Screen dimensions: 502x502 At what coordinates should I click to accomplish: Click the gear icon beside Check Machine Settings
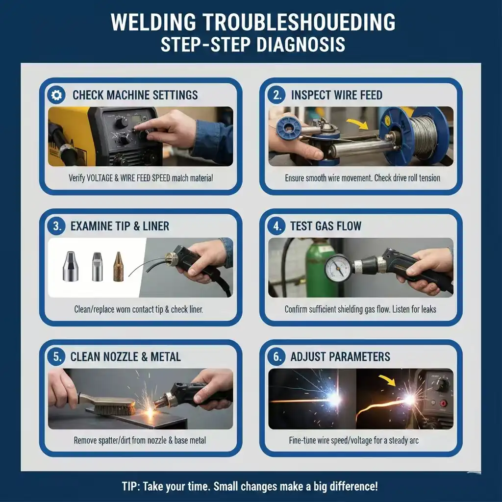57,95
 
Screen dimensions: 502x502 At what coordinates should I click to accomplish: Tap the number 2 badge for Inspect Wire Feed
277,95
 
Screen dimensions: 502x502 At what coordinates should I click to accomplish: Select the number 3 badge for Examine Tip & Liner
57,226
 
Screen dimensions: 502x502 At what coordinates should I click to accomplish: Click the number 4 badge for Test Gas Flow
277,226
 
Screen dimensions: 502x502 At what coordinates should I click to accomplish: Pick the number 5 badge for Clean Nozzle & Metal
57,357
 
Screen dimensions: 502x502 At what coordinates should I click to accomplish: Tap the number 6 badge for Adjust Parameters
277,357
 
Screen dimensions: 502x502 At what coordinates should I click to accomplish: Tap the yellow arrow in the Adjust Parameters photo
387,380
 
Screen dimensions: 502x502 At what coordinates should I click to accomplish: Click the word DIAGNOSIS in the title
301,45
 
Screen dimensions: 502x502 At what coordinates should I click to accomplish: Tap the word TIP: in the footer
131,486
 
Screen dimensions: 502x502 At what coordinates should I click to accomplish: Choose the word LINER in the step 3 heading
156,226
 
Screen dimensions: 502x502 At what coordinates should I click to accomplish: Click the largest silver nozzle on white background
71,266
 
